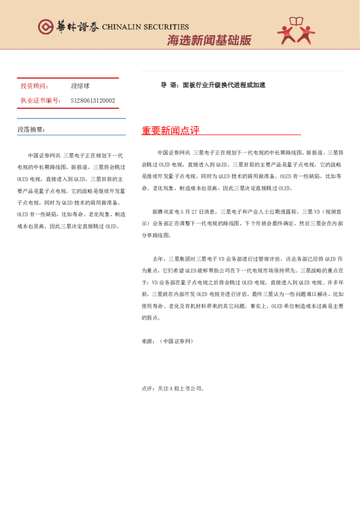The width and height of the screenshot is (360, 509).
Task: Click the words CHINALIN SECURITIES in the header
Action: point(145,27)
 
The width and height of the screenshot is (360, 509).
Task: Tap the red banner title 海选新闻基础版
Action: point(209,41)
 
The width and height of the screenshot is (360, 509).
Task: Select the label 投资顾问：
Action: point(34,86)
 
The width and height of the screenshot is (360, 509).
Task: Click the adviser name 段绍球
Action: point(80,86)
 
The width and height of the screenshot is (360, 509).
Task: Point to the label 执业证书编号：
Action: point(41,100)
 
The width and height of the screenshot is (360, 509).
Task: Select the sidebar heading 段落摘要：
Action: point(31,129)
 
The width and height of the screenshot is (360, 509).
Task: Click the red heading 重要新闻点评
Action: point(171,131)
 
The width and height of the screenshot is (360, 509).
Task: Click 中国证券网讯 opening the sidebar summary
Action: point(44,156)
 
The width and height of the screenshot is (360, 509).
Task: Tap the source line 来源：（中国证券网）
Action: point(167,342)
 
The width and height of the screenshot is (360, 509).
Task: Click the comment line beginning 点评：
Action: point(172,389)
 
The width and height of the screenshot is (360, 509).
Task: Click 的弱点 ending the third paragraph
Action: point(151,317)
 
